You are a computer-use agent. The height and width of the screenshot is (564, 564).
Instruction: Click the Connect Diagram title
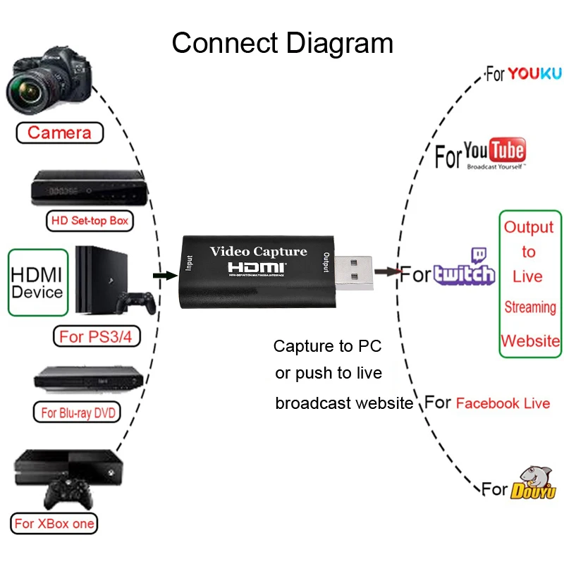point(282,43)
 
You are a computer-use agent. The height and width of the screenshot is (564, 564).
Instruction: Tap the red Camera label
point(60,133)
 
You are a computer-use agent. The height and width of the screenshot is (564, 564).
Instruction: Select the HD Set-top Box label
point(90,221)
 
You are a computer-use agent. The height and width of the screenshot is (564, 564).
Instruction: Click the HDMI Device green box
point(37,282)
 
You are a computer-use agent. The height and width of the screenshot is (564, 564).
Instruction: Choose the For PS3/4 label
point(95,337)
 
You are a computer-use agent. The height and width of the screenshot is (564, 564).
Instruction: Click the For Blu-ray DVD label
point(77,412)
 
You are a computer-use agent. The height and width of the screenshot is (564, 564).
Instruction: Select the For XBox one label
point(55,524)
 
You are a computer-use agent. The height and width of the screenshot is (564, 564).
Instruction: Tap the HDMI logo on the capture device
point(257,268)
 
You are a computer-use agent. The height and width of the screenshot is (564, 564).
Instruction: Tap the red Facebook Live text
point(503,403)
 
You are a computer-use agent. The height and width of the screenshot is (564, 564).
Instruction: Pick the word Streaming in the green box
point(529,307)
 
